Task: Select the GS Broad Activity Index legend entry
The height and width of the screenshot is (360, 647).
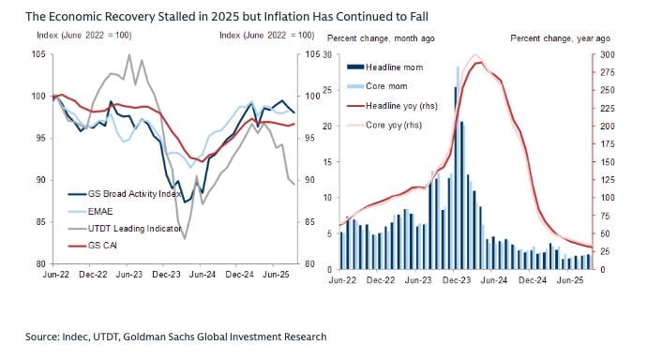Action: click(x=125, y=194)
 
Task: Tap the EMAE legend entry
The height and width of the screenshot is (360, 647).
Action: click(x=90, y=212)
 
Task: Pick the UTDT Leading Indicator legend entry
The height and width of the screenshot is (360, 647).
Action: click(x=125, y=229)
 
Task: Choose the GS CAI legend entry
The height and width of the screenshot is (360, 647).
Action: click(x=93, y=246)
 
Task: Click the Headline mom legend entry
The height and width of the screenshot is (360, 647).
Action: click(x=385, y=67)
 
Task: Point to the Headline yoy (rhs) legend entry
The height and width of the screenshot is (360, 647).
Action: click(x=392, y=106)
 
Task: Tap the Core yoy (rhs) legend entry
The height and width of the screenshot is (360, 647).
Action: click(x=384, y=125)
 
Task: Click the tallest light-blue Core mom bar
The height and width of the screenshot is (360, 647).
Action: click(x=458, y=168)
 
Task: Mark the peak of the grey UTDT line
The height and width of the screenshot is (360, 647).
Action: click(x=129, y=54)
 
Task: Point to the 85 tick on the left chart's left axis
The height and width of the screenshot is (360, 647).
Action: click(x=41, y=222)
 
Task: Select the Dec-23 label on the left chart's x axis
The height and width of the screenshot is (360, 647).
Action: click(x=166, y=275)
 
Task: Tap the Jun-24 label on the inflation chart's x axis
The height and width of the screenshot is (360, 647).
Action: click(x=494, y=280)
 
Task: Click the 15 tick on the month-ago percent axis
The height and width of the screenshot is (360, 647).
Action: click(x=327, y=162)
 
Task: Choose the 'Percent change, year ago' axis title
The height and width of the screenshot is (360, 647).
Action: click(x=561, y=38)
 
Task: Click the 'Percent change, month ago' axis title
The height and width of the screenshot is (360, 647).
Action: click(x=381, y=38)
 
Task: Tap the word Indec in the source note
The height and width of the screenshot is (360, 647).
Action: click(x=75, y=337)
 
